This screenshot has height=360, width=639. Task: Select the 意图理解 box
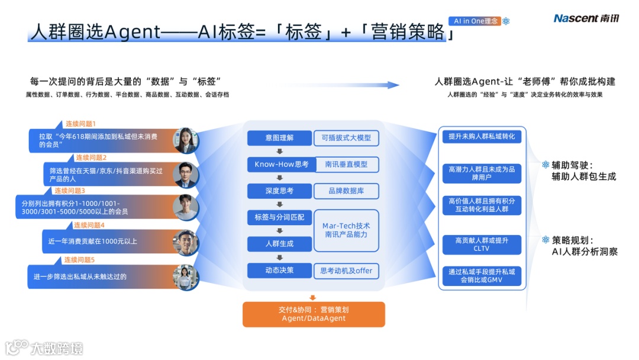point(279,138)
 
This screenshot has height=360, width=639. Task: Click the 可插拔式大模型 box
point(346,138)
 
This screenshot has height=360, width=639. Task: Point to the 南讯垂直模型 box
point(346,165)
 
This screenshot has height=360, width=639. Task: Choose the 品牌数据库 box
point(346,191)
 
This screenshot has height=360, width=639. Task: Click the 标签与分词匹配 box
point(279,217)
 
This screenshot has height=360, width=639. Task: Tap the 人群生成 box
point(279,243)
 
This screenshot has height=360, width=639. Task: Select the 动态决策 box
point(279,271)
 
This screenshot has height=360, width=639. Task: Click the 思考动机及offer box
point(346,271)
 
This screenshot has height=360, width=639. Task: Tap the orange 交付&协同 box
point(314,314)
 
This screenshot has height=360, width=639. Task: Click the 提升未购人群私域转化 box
point(482,137)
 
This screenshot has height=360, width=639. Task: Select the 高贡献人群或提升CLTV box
point(482,245)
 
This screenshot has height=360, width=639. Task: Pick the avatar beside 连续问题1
point(185,140)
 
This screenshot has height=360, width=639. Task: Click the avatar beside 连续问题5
point(185,277)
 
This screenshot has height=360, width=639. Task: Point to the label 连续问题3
point(70,191)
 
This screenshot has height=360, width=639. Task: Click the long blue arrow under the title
point(340,85)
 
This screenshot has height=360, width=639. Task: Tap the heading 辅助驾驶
point(572,165)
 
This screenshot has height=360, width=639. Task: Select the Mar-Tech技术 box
point(346,230)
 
